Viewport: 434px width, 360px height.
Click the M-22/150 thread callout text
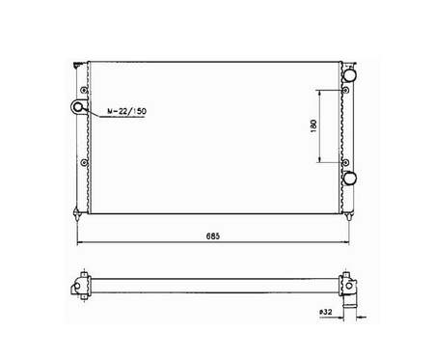click(x=126, y=111)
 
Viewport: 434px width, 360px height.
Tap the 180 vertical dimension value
click(x=313, y=125)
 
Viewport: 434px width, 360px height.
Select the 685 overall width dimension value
click(x=213, y=236)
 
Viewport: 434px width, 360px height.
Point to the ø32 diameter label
click(x=326, y=312)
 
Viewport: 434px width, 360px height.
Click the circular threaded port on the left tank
click(x=78, y=106)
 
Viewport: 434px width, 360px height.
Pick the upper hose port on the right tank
click(x=349, y=75)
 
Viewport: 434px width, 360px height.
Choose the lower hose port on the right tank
click(x=349, y=179)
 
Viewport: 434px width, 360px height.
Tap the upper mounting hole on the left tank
click(x=84, y=90)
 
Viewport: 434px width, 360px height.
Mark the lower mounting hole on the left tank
click(x=84, y=163)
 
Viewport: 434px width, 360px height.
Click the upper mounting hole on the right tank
click(x=346, y=91)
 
